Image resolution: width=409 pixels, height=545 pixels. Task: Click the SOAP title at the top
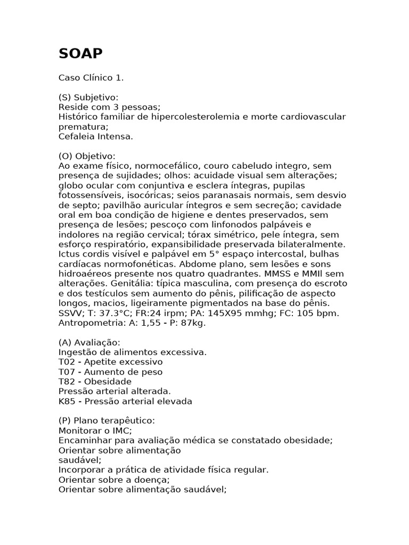tap(80, 54)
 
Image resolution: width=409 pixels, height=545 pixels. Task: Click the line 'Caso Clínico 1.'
tap(91, 78)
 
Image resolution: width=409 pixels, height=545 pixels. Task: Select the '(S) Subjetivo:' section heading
tap(88, 97)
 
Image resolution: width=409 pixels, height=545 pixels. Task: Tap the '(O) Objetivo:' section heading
tap(87, 156)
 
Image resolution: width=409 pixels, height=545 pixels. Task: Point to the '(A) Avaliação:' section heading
tap(89, 342)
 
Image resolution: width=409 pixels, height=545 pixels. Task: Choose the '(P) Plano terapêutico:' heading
tap(107, 420)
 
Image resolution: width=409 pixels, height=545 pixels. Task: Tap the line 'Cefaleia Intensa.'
tap(96, 136)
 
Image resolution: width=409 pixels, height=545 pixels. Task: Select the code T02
tap(66, 362)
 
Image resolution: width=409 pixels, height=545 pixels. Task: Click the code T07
tap(66, 371)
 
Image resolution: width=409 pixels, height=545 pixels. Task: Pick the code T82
tap(66, 382)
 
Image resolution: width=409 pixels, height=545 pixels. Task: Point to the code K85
tap(66, 401)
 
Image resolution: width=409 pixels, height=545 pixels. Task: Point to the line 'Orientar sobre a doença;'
tap(107, 480)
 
